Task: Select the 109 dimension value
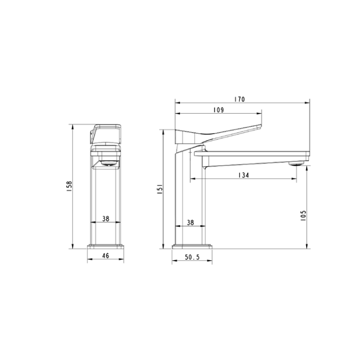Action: pos(218,109)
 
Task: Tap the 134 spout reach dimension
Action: pos(244,176)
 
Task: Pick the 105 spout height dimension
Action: pos(304,215)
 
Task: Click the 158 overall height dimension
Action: pos(69,186)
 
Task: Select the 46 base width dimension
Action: pos(106,255)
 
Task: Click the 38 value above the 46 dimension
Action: pos(106,219)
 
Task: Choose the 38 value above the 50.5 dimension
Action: pos(190,222)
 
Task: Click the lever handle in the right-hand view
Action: pos(217,133)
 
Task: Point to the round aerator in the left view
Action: pos(107,163)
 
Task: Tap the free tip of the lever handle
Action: pos(261,126)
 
